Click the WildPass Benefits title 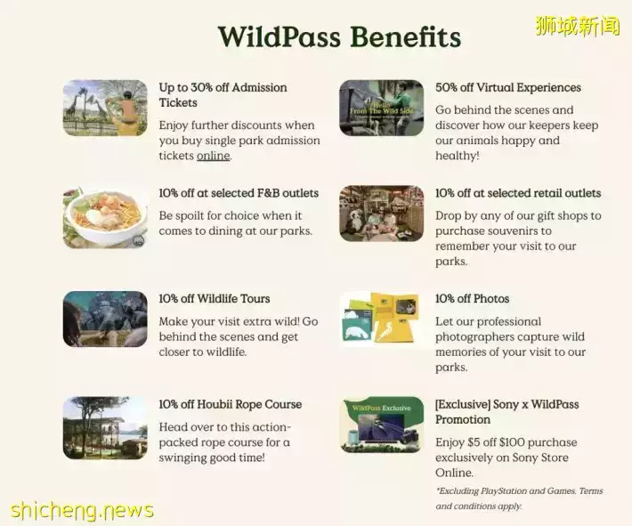(x=339, y=36)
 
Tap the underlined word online (x=214, y=156)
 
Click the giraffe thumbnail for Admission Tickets (x=105, y=108)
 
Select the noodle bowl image (x=105, y=217)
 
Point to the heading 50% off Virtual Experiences (x=508, y=87)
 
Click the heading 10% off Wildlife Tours (x=215, y=299)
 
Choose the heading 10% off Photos (x=472, y=299)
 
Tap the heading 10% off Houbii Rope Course (x=231, y=404)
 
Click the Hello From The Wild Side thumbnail (x=381, y=108)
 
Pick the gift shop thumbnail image (x=381, y=214)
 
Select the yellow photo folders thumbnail (x=381, y=319)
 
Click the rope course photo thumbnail (x=105, y=427)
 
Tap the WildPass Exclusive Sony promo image (x=381, y=425)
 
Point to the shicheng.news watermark (x=82, y=510)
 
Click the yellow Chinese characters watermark (x=577, y=26)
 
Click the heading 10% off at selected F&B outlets (x=239, y=193)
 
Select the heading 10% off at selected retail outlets (x=518, y=193)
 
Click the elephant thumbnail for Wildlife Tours (x=105, y=319)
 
